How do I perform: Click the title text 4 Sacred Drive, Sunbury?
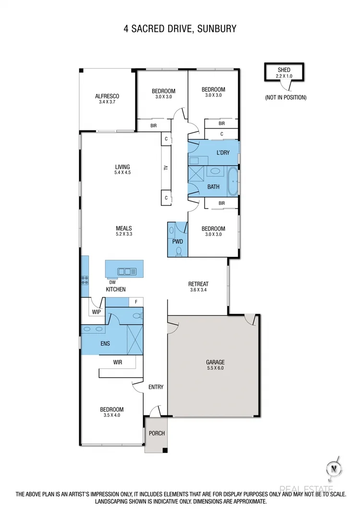180,29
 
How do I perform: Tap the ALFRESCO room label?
107,96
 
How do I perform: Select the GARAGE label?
216,362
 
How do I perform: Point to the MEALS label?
123,228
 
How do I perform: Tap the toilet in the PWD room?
179,250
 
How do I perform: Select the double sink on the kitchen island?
127,271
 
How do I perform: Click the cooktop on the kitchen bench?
85,280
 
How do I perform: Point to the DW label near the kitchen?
112,283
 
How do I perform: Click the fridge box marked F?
136,302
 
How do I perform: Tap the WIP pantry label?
96,312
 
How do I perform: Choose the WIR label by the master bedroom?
118,362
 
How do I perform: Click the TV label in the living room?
166,168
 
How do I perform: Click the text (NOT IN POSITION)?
285,97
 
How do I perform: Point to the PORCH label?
156,433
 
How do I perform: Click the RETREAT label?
198,284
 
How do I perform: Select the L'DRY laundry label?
222,153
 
